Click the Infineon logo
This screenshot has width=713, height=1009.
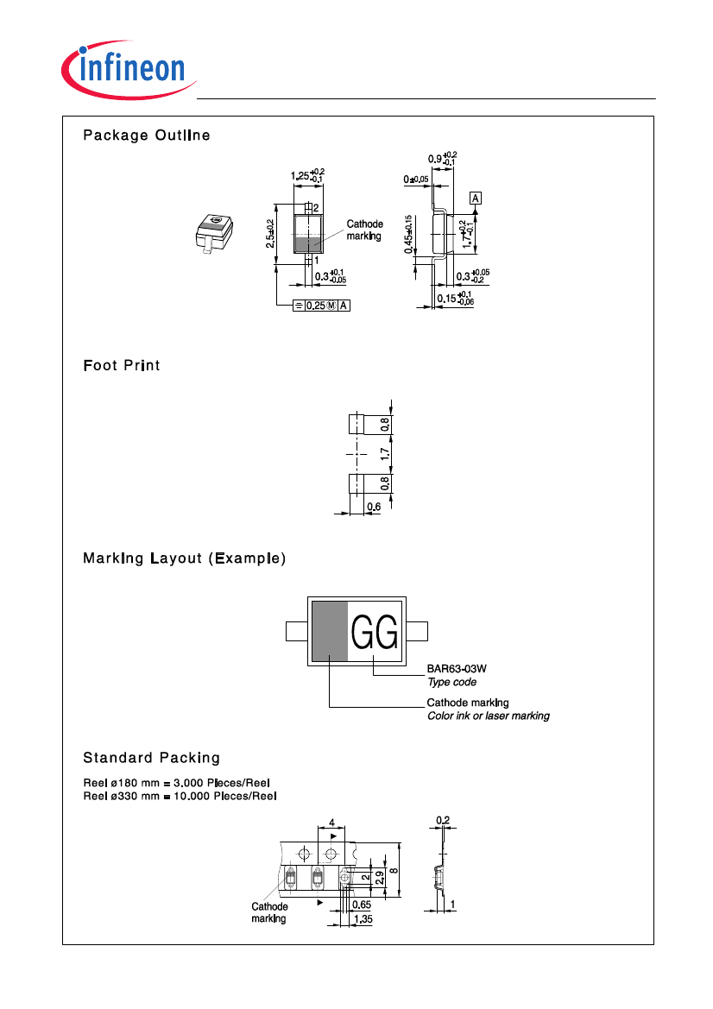pos(129,70)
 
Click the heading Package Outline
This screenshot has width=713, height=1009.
pos(147,136)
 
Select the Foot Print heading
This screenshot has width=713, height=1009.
pos(122,365)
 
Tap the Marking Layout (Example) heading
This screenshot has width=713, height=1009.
pos(184,558)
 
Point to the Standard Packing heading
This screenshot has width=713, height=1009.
pos(151,757)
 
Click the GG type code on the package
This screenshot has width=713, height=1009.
pos(375,633)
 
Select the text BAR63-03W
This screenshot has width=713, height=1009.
pos(457,669)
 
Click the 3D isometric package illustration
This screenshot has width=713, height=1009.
pos(214,234)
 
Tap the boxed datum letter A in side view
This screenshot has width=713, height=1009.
pos(476,199)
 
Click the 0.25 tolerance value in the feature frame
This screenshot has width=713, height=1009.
pos(315,306)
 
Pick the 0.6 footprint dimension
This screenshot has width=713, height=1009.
pos(374,507)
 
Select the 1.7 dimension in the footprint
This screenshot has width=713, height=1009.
pos(385,454)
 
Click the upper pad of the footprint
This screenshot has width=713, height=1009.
pos(357,424)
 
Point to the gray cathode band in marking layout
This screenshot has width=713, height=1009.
pos(330,631)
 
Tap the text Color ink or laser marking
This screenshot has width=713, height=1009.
pos(489,716)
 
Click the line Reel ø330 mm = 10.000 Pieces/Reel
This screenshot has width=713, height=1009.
pos(180,796)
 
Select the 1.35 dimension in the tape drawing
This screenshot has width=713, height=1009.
pos(363,919)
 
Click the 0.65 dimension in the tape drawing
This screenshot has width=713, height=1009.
pos(362,904)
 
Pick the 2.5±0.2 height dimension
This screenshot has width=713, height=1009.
pos(270,234)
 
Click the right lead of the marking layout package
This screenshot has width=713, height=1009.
pos(417,631)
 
